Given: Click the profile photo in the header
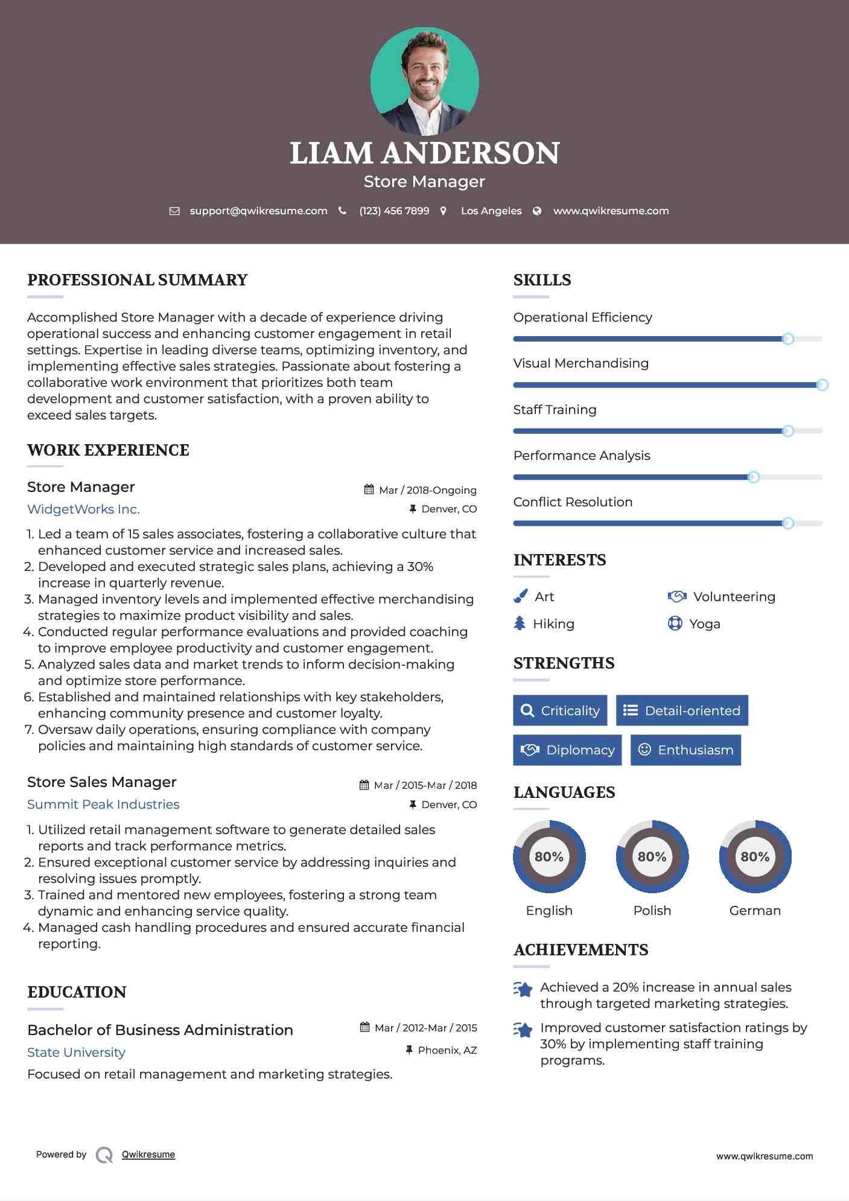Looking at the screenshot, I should [x=424, y=81].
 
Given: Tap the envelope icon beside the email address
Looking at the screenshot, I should [x=174, y=211].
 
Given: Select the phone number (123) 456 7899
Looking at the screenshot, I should [x=394, y=211].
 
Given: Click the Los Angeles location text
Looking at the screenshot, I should [x=491, y=211].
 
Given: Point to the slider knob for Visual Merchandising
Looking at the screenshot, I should [x=822, y=385].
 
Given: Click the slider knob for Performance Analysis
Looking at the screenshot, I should [x=753, y=477].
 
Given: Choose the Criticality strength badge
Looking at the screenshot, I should [x=560, y=710].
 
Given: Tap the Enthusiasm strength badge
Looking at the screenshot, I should [x=685, y=750].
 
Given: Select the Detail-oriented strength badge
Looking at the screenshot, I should [x=682, y=710].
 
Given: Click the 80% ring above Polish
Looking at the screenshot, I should [x=652, y=856].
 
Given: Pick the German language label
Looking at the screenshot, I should [x=755, y=911].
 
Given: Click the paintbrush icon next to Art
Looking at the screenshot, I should [x=520, y=597].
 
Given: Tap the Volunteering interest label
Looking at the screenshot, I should [x=734, y=597].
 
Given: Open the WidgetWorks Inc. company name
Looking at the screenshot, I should [x=83, y=509].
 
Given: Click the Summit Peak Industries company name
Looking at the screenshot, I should [x=103, y=804].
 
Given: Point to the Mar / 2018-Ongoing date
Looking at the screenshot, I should [x=427, y=490].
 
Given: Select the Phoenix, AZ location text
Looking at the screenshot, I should [x=447, y=1051].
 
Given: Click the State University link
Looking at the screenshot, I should [x=76, y=1053].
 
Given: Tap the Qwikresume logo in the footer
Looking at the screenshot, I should [x=104, y=1155].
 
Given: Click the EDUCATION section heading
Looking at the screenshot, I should [x=77, y=992].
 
